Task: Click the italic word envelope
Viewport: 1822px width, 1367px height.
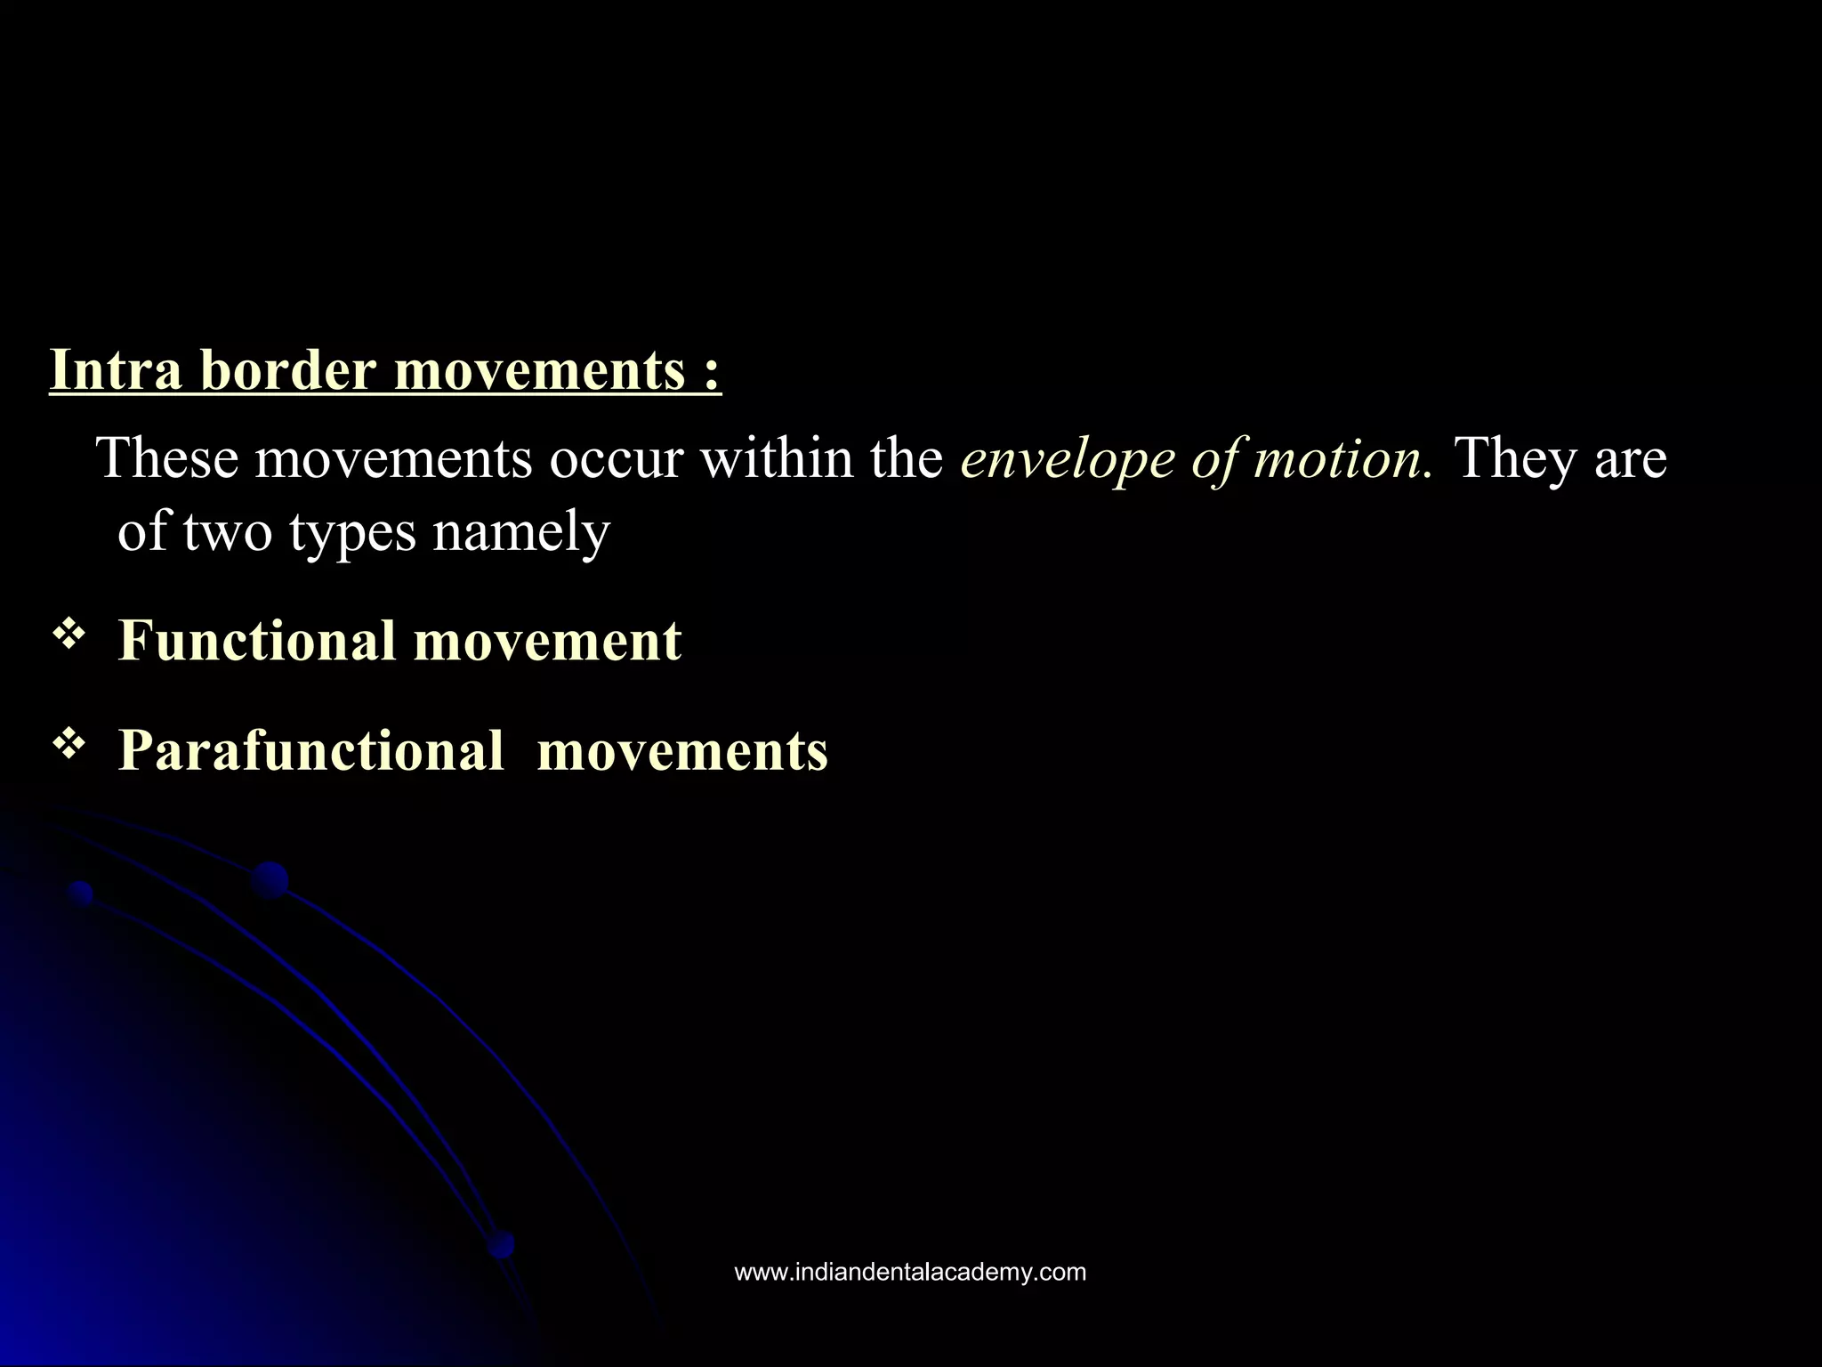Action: [x=1067, y=460]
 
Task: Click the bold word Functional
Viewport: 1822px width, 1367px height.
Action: [x=257, y=640]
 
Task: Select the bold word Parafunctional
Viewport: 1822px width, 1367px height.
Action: [x=311, y=750]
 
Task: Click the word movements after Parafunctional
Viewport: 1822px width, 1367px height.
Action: [x=682, y=750]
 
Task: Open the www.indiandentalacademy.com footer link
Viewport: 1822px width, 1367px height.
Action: [x=910, y=1273]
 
